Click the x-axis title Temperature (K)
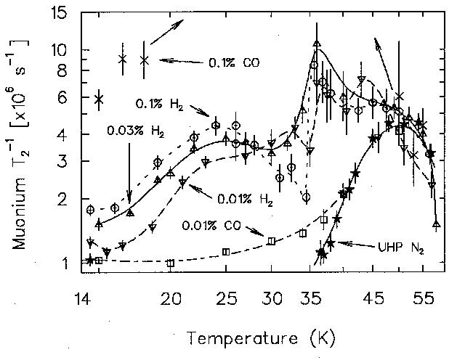pos(260,337)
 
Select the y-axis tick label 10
pos(57,51)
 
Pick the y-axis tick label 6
pos(62,98)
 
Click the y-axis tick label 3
pos(62,161)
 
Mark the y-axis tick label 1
pos(62,263)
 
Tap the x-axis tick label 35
pos(315,298)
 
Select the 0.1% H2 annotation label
pos(158,104)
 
